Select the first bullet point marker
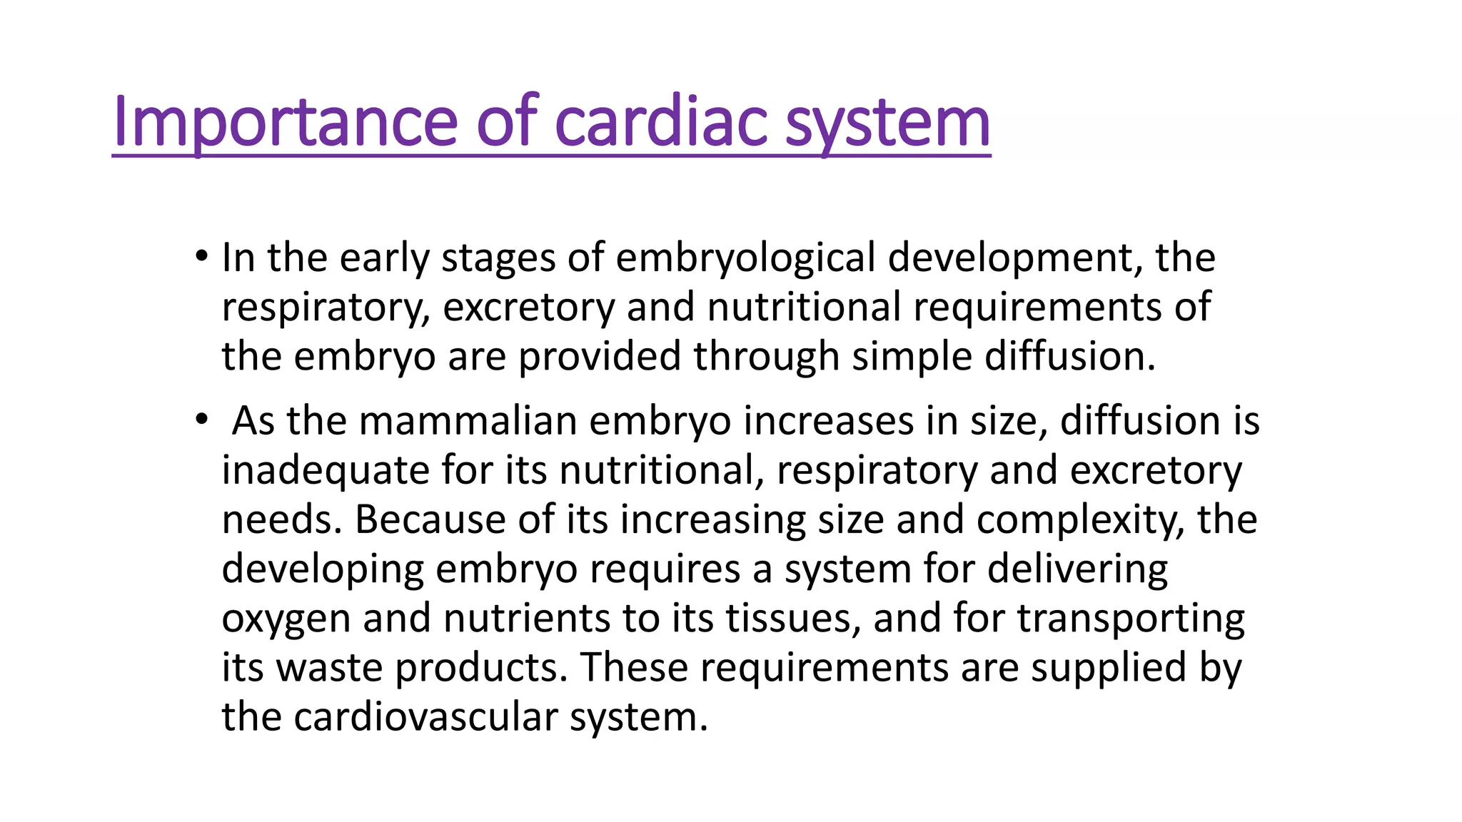coord(201,255)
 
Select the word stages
coord(498,258)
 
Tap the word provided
coord(599,356)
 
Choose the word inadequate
coord(325,470)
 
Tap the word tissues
coord(792,618)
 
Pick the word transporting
coord(1131,618)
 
